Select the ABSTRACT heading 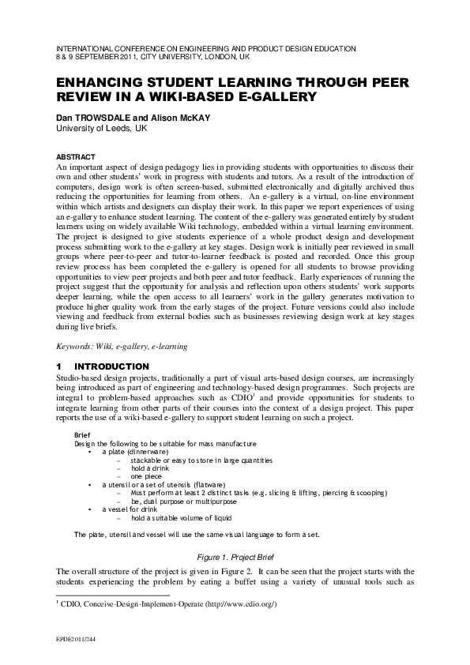[76, 156]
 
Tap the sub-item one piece [146, 476]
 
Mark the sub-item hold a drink [150, 468]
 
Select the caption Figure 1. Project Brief [235, 556]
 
